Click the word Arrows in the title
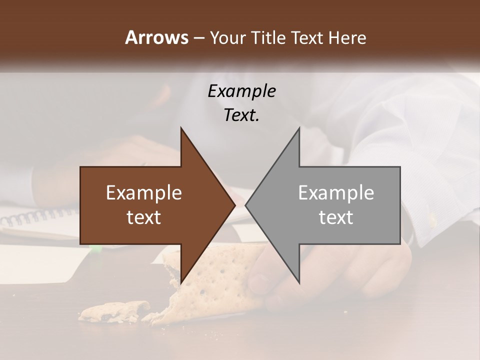pyautogui.click(x=156, y=37)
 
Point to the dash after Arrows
pyautogui.click(x=198, y=38)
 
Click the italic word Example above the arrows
pyautogui.click(x=241, y=91)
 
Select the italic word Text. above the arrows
pyautogui.click(x=241, y=115)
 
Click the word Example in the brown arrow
pyautogui.click(x=144, y=193)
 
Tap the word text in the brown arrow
pyautogui.click(x=144, y=217)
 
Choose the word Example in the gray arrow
pyautogui.click(x=336, y=193)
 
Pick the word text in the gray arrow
pyautogui.click(x=336, y=217)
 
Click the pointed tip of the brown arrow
pyautogui.click(x=234, y=205)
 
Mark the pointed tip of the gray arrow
pyautogui.click(x=246, y=205)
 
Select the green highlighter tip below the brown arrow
pyautogui.click(x=96, y=247)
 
